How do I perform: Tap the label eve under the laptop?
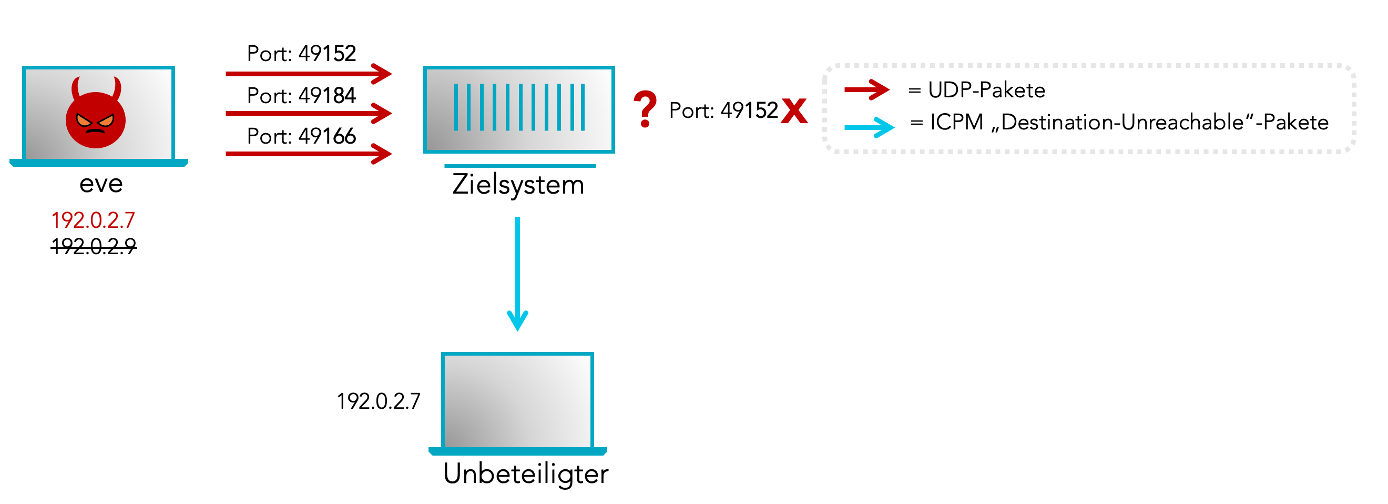click(x=101, y=184)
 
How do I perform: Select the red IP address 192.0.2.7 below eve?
click(x=93, y=220)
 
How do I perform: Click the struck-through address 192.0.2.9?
click(x=93, y=246)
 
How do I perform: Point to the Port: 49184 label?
click(x=301, y=96)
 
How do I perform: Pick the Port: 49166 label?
click(x=301, y=136)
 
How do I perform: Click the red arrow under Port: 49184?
click(x=308, y=114)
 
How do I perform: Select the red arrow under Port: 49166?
click(x=308, y=154)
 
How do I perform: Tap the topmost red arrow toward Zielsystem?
click(x=308, y=73)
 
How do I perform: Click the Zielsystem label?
click(x=518, y=185)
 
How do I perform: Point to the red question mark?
click(x=645, y=109)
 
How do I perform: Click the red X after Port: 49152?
click(x=794, y=110)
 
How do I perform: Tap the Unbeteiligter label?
click(x=525, y=475)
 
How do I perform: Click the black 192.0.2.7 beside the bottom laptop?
click(x=378, y=401)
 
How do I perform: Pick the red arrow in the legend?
click(x=866, y=89)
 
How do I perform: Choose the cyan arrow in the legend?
click(x=868, y=127)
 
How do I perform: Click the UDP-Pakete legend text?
click(x=986, y=90)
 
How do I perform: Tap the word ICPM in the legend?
click(x=956, y=123)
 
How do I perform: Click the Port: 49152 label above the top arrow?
click(x=301, y=54)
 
